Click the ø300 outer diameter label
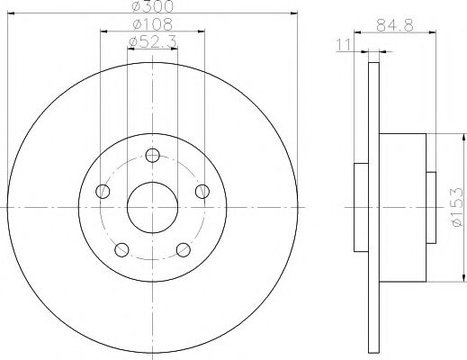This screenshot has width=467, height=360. pyautogui.click(x=151, y=7)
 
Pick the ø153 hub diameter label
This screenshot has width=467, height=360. pyautogui.click(x=456, y=208)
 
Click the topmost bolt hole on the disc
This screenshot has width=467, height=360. pyautogui.click(x=152, y=157)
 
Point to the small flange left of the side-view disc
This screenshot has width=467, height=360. pyautogui.click(x=360, y=208)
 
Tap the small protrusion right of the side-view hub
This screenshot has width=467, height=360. pyautogui.click(x=431, y=208)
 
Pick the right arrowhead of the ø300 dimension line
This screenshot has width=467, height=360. pyautogui.click(x=295, y=13)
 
